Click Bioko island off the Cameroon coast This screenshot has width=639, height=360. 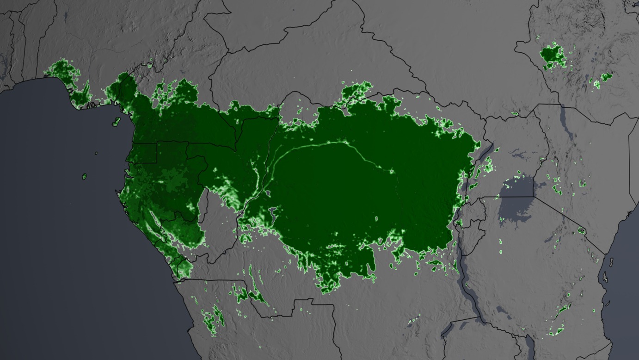(117, 122)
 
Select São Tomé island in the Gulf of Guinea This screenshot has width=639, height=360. (85, 176)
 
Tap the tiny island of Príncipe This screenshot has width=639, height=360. (96, 153)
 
